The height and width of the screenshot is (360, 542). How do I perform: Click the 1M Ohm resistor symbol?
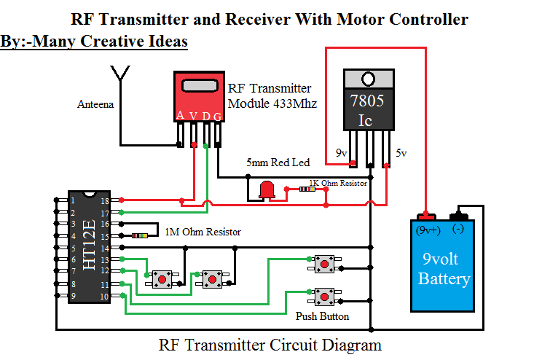click(x=140, y=235)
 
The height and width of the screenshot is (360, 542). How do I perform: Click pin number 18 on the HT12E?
click(x=105, y=200)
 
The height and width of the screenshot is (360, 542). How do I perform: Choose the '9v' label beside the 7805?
click(x=341, y=154)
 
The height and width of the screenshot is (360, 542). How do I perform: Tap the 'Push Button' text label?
click(x=322, y=316)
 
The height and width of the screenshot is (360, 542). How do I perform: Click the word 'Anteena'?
click(x=95, y=105)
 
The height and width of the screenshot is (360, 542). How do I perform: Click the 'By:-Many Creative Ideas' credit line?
click(x=95, y=42)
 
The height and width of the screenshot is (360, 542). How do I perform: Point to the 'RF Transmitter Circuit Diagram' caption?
click(x=270, y=345)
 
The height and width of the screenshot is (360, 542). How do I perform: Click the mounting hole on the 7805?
click(x=369, y=78)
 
